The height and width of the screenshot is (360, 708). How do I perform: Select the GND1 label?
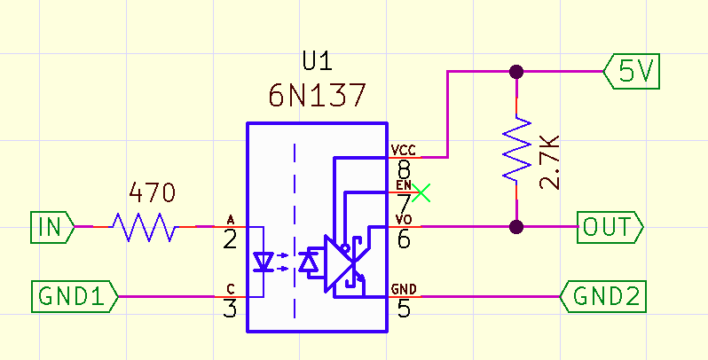click(x=76, y=296)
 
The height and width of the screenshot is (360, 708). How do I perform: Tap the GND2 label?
click(x=604, y=296)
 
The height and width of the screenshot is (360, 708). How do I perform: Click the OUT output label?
click(x=610, y=227)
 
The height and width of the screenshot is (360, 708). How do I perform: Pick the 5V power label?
click(x=633, y=72)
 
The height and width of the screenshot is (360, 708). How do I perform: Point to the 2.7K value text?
click(x=550, y=161)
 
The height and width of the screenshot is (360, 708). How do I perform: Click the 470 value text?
click(x=153, y=192)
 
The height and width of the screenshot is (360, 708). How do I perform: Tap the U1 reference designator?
click(x=317, y=62)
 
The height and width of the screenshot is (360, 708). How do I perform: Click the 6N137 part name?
click(x=317, y=94)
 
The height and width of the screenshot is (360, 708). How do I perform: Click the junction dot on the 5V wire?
click(x=516, y=72)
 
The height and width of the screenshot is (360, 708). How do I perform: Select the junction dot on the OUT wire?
click(x=516, y=227)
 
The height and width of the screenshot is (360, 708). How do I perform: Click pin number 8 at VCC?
click(x=404, y=168)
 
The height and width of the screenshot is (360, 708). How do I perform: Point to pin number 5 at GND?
click(x=404, y=309)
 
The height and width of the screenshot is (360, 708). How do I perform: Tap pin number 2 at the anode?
click(x=230, y=239)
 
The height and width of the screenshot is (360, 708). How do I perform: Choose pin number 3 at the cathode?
click(x=230, y=309)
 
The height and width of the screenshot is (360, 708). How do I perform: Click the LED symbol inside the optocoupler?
click(x=264, y=262)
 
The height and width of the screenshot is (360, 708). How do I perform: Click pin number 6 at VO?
click(x=404, y=239)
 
